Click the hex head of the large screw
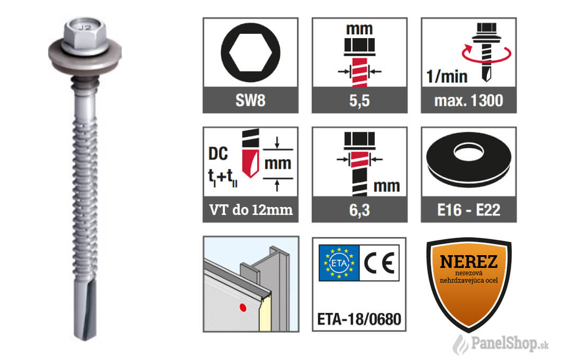tap(85, 35)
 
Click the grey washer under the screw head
tap(85, 57)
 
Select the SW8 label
tap(250, 101)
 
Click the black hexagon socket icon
tap(250, 52)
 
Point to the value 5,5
tap(359, 101)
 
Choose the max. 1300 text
tap(469, 101)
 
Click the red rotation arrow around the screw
tap(486, 53)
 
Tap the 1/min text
tap(447, 77)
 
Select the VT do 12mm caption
tap(251, 210)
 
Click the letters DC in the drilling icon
tap(218, 154)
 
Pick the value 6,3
tap(359, 210)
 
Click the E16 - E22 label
tap(469, 210)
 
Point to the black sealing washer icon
tap(469, 157)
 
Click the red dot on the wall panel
tap(243, 308)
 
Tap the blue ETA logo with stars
tap(339, 263)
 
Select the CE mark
tap(379, 263)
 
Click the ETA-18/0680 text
tap(359, 319)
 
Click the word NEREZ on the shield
tap(469, 262)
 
